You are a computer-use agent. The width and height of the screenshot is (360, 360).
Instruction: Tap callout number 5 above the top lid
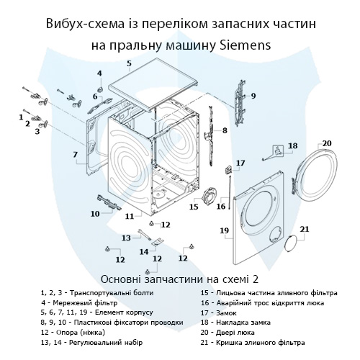tap(129, 64)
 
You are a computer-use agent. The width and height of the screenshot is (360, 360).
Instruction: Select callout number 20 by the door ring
tap(326, 143)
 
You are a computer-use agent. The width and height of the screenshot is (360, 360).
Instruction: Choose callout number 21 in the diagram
tap(304, 230)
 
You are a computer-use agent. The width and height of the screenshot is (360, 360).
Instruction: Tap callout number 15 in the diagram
tap(194, 207)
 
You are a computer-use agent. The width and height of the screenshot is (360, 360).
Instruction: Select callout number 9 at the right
tap(253, 96)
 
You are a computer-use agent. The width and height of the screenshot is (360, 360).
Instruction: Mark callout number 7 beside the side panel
tap(74, 155)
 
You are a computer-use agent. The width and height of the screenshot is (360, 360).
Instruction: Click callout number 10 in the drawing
tap(95, 213)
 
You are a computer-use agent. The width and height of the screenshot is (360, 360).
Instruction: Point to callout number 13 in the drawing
tap(126, 237)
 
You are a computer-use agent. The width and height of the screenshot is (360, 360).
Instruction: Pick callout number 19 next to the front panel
tap(224, 230)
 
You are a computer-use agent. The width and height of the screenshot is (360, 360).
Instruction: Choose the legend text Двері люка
tap(234, 333)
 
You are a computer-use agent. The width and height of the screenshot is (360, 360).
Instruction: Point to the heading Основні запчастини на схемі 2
tap(179, 278)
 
